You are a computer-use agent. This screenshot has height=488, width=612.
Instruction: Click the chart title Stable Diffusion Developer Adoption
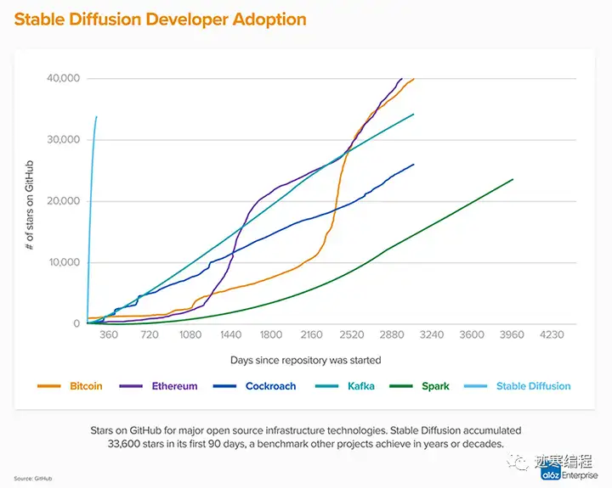coord(160,18)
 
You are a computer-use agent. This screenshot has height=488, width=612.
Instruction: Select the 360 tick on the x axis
coord(109,335)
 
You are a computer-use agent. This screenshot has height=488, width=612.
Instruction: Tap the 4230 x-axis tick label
coord(552,335)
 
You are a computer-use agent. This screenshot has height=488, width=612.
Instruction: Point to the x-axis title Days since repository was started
coord(306,360)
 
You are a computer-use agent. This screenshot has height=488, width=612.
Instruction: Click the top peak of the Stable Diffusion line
coord(97,116)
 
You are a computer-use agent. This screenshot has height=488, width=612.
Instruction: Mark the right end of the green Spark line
coord(513,179)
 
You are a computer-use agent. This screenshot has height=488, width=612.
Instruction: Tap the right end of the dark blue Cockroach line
coord(413,165)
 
